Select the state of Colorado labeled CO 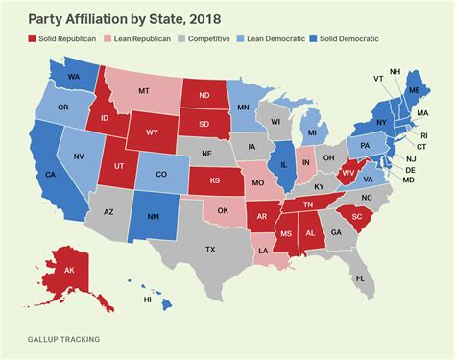click(x=160, y=175)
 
